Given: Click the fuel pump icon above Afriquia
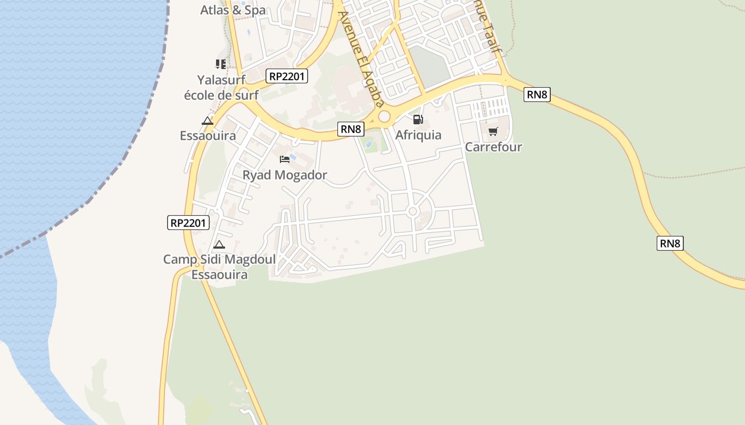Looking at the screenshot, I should (x=418, y=120).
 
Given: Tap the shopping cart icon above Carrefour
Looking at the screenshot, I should (x=493, y=131).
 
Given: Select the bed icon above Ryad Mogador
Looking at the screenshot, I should (x=285, y=159).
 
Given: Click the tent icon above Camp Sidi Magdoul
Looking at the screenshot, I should (x=219, y=245).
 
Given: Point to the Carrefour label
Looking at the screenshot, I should (x=493, y=147).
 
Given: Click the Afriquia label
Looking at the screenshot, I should (x=418, y=135).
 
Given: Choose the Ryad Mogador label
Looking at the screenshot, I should (x=285, y=175).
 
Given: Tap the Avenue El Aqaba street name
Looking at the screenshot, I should (x=361, y=58).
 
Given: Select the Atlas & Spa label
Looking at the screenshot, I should (x=233, y=10).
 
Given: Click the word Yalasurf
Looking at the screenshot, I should (x=221, y=80).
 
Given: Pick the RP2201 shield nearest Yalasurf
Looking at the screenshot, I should (x=287, y=76).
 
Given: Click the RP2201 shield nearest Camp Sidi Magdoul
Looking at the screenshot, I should (x=188, y=223).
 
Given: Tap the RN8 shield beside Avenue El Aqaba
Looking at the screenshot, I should (x=351, y=129).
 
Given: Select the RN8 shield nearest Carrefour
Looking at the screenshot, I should (x=536, y=95).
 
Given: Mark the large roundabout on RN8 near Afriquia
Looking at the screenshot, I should (x=384, y=116).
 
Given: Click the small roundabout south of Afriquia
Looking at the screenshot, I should (x=412, y=211).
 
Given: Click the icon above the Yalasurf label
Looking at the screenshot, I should (x=221, y=64).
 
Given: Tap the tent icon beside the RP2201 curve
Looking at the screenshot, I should (x=208, y=121).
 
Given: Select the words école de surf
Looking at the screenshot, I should (x=221, y=95).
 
